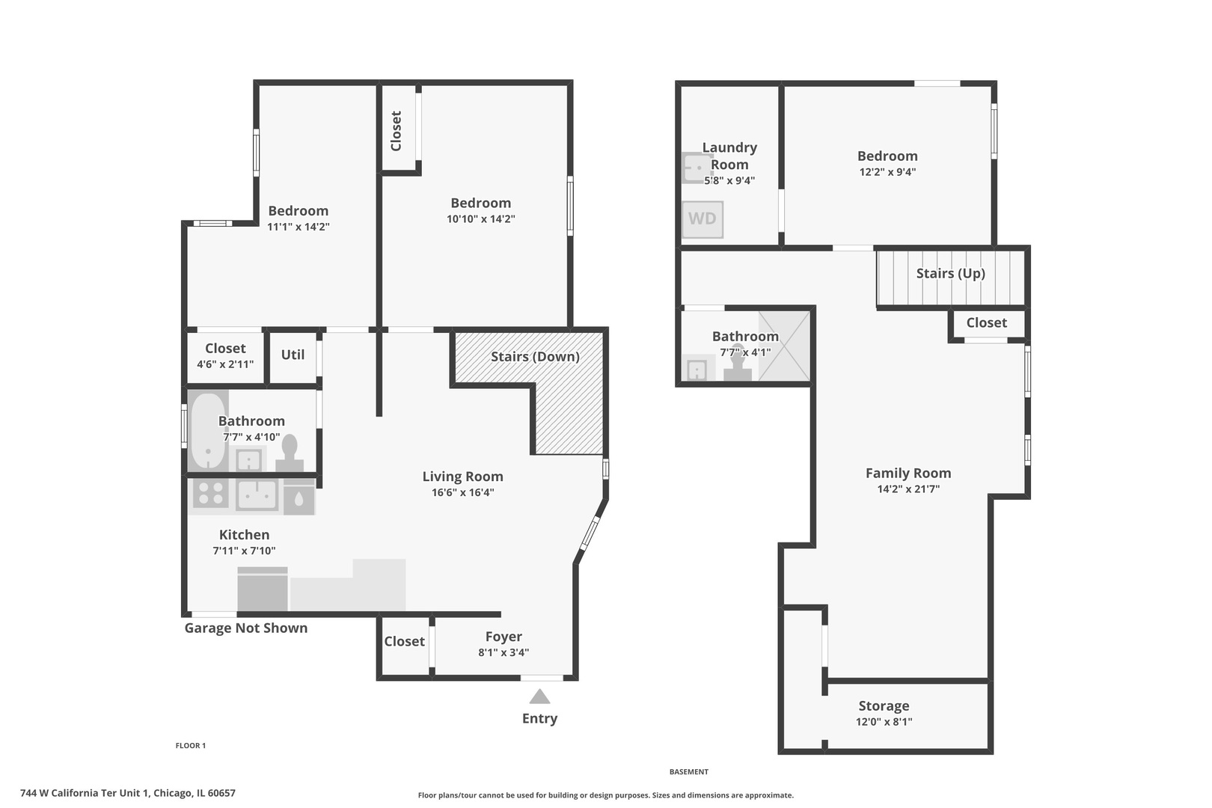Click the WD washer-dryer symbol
click(703, 219)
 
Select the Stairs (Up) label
click(951, 273)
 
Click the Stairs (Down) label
click(535, 357)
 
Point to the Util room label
click(293, 355)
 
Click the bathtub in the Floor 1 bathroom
click(208, 430)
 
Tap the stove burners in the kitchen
click(211, 493)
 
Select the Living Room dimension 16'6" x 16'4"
click(462, 492)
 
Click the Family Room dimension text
click(908, 489)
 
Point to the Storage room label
click(884, 706)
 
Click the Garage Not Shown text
click(246, 628)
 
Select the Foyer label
click(504, 637)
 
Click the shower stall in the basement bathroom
click(784, 346)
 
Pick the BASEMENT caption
click(689, 772)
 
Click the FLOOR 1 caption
click(191, 746)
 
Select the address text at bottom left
click(128, 793)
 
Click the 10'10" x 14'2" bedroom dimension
click(481, 219)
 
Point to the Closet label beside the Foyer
click(404, 641)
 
